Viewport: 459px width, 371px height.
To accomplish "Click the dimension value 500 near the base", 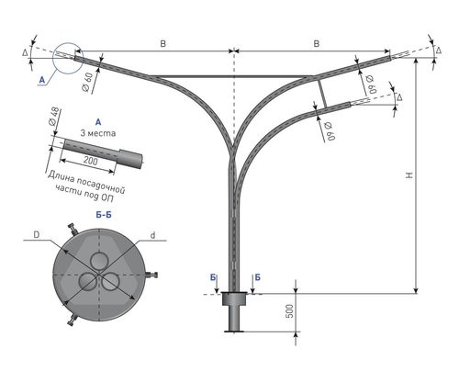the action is [290, 311].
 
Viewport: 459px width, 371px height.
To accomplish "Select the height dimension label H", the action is [409, 175].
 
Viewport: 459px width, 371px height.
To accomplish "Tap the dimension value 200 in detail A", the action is [91, 161].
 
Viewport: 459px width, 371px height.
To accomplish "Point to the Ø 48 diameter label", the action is [54, 118].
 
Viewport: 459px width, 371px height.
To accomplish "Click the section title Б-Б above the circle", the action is [104, 215].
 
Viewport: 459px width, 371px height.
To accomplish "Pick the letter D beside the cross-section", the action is [37, 235].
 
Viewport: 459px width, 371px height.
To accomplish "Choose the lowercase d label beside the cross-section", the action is [152, 235].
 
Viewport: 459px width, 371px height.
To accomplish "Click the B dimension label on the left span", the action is [162, 43].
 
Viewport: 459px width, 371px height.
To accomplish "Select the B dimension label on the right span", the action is [317, 43].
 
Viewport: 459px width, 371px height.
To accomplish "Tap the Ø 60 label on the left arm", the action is [87, 83].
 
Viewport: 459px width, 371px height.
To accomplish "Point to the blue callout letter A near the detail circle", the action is [42, 80].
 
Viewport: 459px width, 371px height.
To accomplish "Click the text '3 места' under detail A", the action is [98, 133].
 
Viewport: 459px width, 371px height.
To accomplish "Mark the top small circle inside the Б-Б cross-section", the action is [99, 261].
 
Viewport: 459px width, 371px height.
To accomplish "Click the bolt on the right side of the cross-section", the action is [151, 275].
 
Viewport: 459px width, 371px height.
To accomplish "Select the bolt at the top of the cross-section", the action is [73, 230].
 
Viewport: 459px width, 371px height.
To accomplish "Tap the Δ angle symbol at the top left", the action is [25, 52].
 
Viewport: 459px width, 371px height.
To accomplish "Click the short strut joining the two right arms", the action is [321, 93].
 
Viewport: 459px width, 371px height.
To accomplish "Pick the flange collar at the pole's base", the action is [234, 298].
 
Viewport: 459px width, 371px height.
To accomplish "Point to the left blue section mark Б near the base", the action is [213, 277].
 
